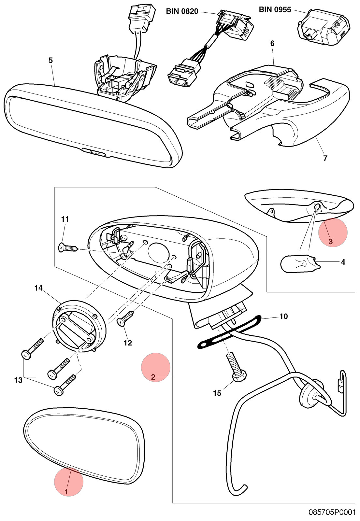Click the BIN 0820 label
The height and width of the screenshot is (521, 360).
[182, 11]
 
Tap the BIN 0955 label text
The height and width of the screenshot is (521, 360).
[275, 9]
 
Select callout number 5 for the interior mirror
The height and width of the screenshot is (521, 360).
[51, 61]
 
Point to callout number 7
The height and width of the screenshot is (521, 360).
[325, 158]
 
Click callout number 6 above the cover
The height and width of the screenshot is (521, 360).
[272, 44]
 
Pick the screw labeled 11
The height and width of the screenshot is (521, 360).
[68, 248]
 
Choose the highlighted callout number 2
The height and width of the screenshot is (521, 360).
[153, 377]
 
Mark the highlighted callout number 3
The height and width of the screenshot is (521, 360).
[330, 242]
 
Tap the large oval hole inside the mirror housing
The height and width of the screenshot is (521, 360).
[159, 252]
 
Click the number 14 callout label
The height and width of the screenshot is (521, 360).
[39, 288]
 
